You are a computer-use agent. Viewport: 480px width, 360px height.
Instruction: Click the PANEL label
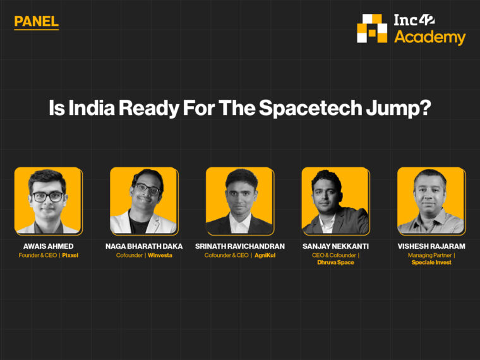pyautogui.click(x=36, y=21)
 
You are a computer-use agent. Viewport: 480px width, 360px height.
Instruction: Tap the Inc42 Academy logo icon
pyautogui.click(x=372, y=28)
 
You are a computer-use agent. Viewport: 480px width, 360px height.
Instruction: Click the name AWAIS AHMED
pyautogui.click(x=48, y=246)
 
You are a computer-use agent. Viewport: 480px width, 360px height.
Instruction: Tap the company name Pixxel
pyautogui.click(x=70, y=255)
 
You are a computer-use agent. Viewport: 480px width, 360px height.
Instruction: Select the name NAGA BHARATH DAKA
pyautogui.click(x=144, y=246)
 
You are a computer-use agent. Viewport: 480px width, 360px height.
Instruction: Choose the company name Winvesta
pyautogui.click(x=160, y=255)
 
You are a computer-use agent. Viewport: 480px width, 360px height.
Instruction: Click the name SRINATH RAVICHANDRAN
pyautogui.click(x=240, y=246)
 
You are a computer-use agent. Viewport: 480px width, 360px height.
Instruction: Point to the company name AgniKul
pyautogui.click(x=265, y=255)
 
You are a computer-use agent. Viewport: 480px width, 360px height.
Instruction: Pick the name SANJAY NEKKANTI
pyautogui.click(x=335, y=246)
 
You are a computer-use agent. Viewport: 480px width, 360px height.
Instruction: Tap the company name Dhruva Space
pyautogui.click(x=335, y=262)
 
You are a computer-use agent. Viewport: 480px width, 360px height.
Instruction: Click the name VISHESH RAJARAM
pyautogui.click(x=431, y=246)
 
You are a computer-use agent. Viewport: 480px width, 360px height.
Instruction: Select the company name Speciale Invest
pyautogui.click(x=431, y=262)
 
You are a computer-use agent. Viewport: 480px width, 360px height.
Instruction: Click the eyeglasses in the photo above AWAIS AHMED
pyautogui.click(x=48, y=196)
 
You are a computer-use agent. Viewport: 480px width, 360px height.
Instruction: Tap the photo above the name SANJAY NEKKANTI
pyautogui.click(x=335, y=201)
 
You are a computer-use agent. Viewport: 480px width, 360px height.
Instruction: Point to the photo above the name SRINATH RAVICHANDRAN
pyautogui.click(x=239, y=201)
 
